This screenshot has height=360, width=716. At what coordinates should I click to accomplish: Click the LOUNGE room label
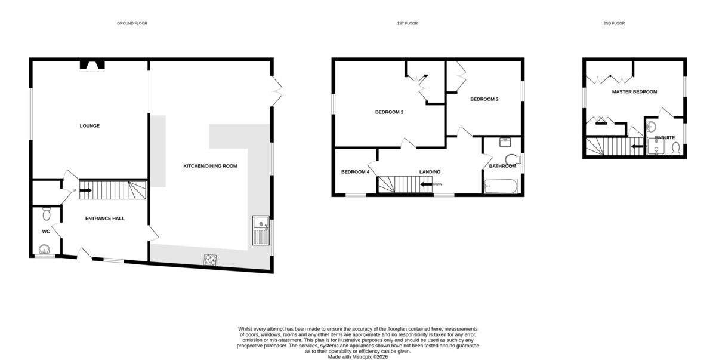point(89,126)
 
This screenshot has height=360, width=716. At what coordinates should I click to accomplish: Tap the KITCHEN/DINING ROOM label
point(210,166)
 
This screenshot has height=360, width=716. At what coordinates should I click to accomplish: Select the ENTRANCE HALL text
point(105,219)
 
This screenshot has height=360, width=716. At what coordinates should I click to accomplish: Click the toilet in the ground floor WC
point(47,214)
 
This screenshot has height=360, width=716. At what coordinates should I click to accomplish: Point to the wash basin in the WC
point(44,250)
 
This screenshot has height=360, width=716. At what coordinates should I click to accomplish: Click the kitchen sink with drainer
point(261,230)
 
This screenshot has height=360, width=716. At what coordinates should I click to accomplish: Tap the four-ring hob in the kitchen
point(210,260)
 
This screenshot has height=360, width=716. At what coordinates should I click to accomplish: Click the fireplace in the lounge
point(92,65)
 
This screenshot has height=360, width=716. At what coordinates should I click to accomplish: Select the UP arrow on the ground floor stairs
point(86,190)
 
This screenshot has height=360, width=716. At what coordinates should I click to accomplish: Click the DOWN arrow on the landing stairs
point(426,184)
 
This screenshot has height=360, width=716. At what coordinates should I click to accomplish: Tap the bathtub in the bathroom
point(501,186)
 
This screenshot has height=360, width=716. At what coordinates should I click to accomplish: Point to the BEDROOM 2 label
point(389,112)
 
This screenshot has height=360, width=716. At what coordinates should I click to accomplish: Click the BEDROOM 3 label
point(484,99)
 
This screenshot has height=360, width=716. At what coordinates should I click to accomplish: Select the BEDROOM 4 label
point(355,172)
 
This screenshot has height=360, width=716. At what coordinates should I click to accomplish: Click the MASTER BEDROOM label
point(634,92)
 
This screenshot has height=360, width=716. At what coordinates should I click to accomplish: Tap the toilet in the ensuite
point(675,149)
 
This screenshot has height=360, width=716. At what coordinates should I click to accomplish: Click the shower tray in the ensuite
point(656,146)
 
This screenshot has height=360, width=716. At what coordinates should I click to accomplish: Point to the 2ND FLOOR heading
point(614,23)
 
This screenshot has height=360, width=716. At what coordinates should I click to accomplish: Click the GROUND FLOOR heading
point(132,23)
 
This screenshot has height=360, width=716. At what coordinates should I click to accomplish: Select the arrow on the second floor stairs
point(637,147)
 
